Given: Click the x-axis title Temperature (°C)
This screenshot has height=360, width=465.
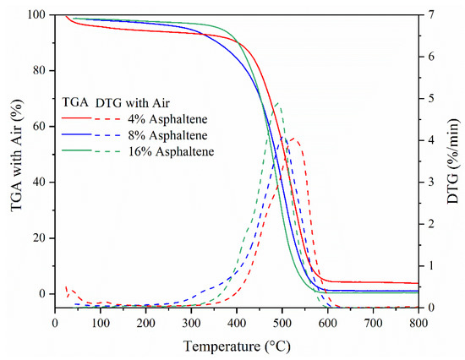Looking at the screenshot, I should [236, 346].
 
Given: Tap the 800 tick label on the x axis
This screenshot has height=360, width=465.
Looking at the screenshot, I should [418, 322].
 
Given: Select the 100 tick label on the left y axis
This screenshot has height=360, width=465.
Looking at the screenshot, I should [37, 15].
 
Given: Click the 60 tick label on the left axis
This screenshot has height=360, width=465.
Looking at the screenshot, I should [41, 127].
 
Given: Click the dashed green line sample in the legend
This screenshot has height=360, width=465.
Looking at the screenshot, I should [117, 151].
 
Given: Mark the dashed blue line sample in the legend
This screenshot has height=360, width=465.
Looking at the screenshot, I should [117, 134].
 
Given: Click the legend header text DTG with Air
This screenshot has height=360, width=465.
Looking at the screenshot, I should [136, 101].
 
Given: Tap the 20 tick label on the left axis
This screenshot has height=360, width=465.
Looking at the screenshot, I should [41, 238].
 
